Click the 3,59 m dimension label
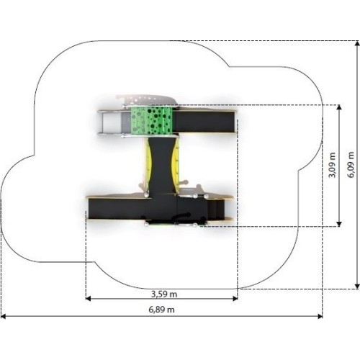164,294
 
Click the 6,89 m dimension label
161,310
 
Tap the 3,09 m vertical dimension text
333,165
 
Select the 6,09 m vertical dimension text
351,165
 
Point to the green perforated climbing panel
152,121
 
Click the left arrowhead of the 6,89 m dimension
4,316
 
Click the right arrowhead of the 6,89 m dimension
320,316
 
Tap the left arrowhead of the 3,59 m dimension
88,299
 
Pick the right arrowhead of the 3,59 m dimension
235,299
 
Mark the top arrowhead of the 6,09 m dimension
357,43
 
